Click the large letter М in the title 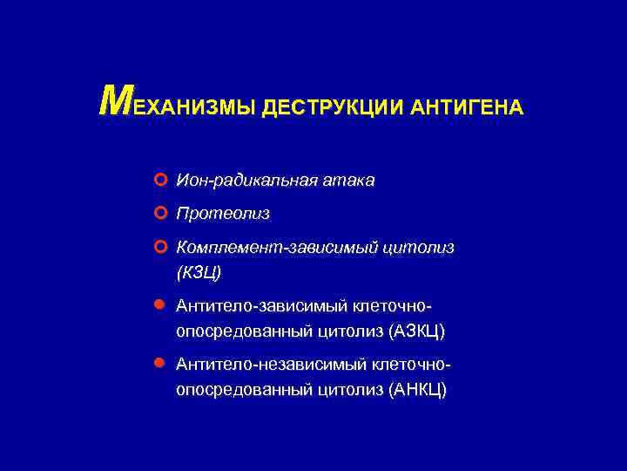pos(113,101)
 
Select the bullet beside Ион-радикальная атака pos(158,181)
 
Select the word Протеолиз pos(223,214)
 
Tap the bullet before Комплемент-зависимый pos(158,248)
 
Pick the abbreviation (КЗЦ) pos(199,273)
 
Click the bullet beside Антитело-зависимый pos(158,306)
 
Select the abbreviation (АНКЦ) pos(418,390)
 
